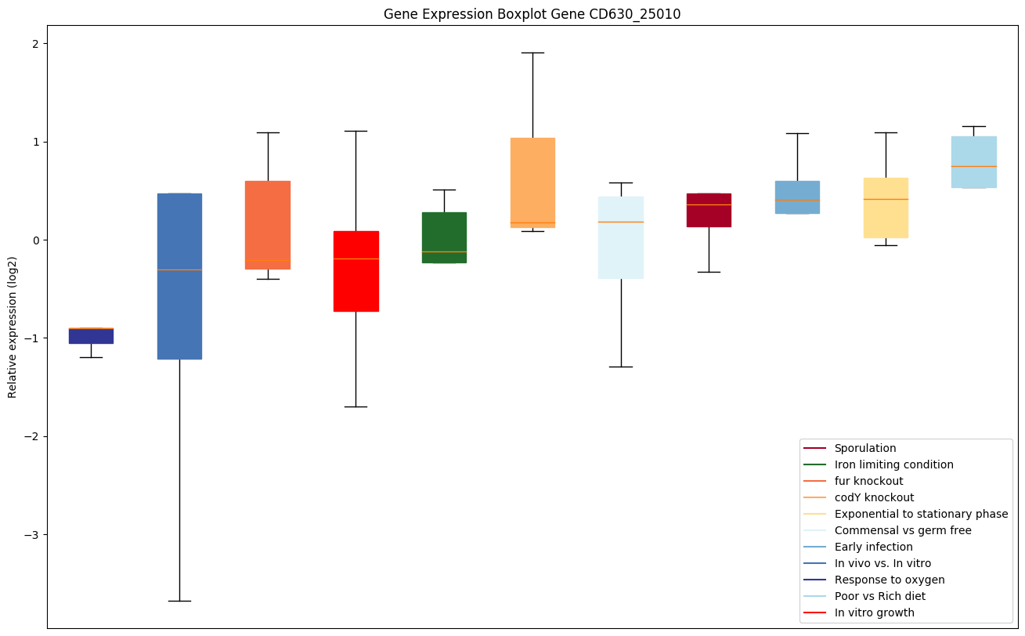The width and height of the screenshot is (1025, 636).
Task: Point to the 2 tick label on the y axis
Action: [35, 44]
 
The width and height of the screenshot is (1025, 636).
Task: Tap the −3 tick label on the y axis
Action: [32, 535]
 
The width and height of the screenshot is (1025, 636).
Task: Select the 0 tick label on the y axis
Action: [35, 240]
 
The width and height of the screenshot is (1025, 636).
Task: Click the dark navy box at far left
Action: [91, 336]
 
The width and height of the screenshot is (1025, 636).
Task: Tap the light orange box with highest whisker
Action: [532, 180]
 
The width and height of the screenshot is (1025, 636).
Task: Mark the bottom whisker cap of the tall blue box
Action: [179, 601]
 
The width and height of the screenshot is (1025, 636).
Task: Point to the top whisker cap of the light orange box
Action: [532, 52]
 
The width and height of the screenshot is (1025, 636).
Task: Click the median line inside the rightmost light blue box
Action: [974, 166]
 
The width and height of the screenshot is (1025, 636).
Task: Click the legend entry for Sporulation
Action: [864, 449]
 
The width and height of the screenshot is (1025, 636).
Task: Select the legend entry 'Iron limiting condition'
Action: [893, 465]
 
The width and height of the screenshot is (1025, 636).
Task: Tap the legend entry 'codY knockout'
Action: [874, 498]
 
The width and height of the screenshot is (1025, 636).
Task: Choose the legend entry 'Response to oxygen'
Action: [889, 580]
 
